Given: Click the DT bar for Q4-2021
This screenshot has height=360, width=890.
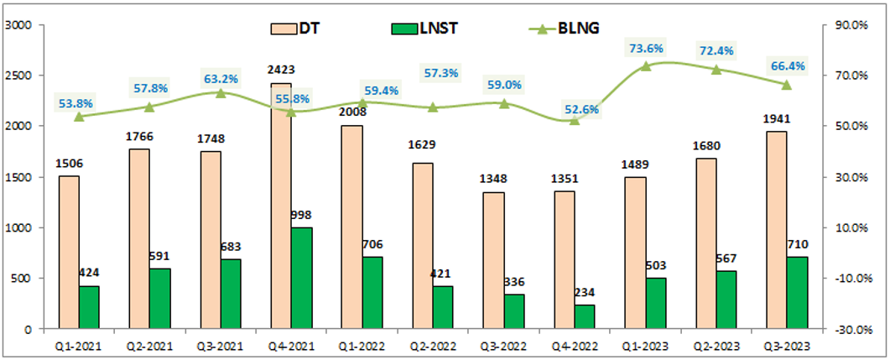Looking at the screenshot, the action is pos(282,206).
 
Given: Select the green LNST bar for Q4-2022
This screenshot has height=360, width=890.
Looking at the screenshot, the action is pos(585,317).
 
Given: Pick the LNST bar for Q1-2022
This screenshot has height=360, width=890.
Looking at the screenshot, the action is pos(372,293).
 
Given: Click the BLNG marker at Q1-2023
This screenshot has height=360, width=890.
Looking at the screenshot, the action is pos(646,66).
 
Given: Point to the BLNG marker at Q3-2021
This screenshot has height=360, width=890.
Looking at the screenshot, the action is pos(221,93).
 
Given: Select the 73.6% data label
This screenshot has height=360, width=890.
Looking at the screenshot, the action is pos(646,49).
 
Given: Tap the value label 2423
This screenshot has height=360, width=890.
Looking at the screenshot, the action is pos(282,70).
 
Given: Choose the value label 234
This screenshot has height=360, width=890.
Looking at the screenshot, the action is pos(585,293).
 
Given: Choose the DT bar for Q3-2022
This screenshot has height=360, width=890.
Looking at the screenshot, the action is pos(494,261).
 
